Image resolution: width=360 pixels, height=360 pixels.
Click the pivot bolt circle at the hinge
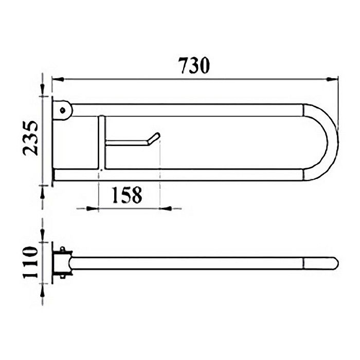[x=63, y=109]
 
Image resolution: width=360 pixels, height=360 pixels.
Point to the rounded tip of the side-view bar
[x=334, y=263]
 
